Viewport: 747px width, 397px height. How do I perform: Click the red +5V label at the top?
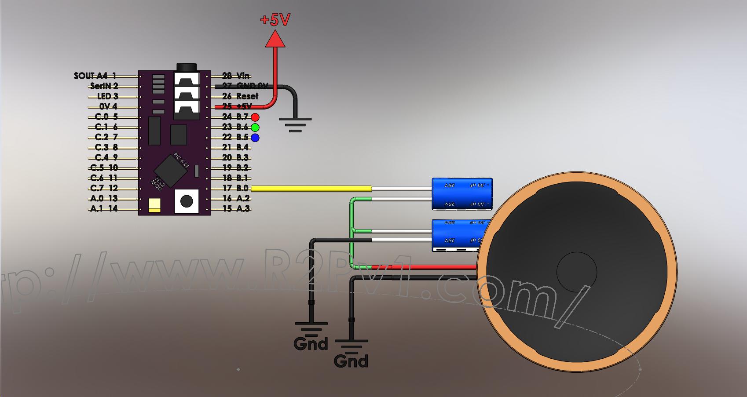coord(275,19)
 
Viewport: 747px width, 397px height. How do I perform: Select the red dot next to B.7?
coord(255,117)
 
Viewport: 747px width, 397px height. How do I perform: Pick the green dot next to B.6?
coord(255,127)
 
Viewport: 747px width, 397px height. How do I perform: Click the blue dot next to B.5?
coord(255,138)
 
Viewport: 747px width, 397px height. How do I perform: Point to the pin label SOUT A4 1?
coord(95,76)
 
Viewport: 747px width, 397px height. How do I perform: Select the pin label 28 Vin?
coord(236,76)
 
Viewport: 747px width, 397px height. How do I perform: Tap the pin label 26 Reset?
coord(240,96)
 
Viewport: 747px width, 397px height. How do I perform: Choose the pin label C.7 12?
coord(104,189)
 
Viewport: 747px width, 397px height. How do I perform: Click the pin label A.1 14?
coord(104,209)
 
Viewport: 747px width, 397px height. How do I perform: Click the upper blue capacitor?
coord(462,193)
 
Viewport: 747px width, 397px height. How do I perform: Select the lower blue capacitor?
coord(458,235)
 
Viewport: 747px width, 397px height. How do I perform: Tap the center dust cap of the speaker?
coord(577,272)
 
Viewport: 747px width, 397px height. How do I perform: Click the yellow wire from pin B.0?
coord(311,189)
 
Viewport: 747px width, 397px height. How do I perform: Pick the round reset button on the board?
coord(187,201)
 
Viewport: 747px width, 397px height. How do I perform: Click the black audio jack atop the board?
coord(187,67)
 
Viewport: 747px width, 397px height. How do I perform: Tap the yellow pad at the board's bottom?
coord(154,205)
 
